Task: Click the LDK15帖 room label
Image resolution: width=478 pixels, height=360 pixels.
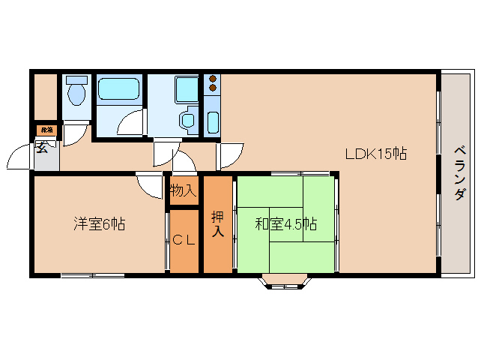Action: click(x=375, y=154)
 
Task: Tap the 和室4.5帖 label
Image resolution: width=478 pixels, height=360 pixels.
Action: click(x=285, y=223)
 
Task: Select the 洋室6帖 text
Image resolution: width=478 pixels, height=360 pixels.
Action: click(x=99, y=223)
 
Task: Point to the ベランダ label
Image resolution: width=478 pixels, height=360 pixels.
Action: click(x=459, y=173)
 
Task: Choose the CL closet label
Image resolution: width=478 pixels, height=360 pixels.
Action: click(x=184, y=241)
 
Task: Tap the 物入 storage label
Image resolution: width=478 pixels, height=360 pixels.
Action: click(x=183, y=190)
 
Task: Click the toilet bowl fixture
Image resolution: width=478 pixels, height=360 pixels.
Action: click(x=75, y=94)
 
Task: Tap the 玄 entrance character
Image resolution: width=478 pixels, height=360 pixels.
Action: click(x=42, y=148)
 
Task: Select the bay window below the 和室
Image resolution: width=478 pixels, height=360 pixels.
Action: click(x=284, y=282)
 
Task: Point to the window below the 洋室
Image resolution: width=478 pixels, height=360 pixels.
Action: click(x=92, y=275)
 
